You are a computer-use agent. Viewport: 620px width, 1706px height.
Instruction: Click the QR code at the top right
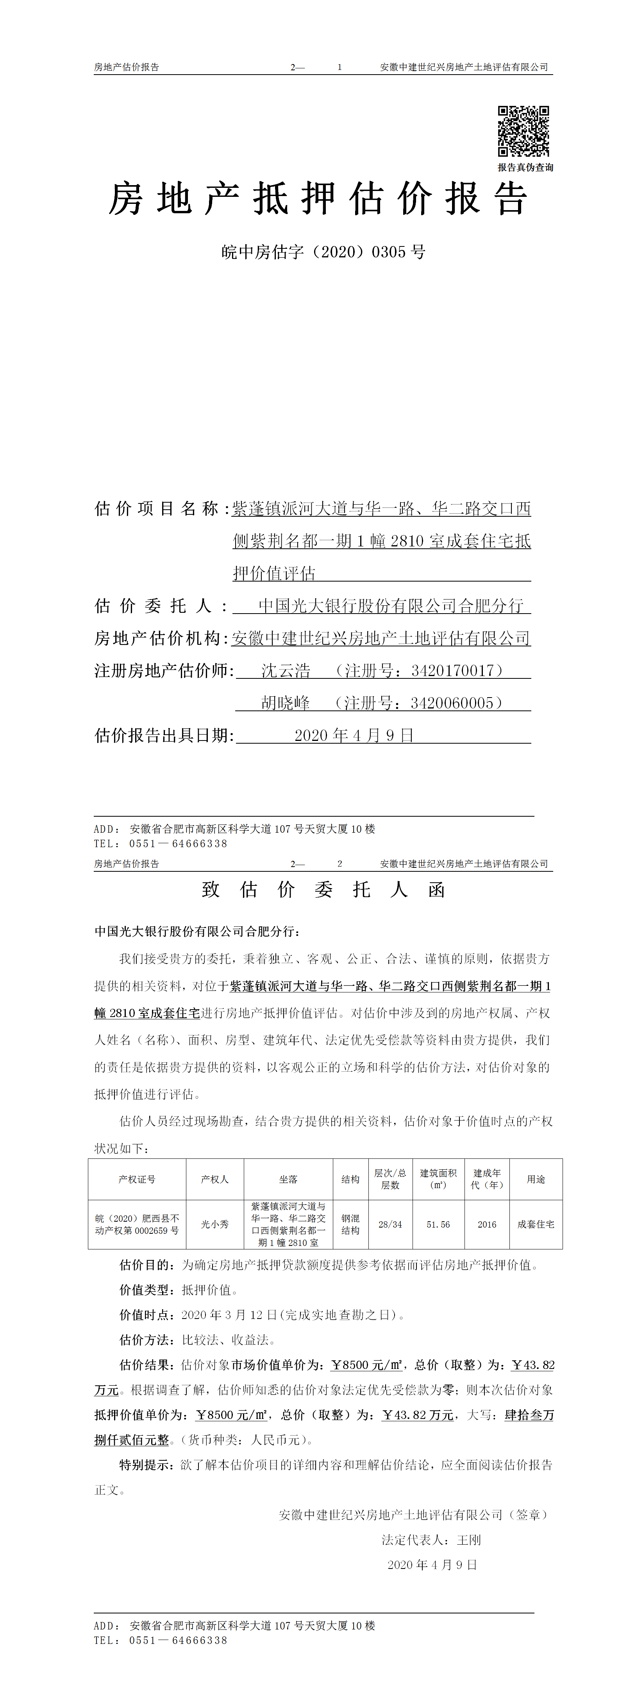coord(523,131)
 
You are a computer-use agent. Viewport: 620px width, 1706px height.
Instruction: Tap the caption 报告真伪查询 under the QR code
coord(525,168)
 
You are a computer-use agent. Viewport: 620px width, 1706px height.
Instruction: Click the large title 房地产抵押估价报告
coord(318,199)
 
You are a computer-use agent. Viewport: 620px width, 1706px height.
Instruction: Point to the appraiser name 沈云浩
coord(286,671)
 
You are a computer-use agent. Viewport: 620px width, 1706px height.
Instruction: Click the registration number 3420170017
coord(452,671)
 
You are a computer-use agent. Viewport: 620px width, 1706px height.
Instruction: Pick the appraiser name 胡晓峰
coord(286,703)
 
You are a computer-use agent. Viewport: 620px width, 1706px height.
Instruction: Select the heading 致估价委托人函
coord(323,889)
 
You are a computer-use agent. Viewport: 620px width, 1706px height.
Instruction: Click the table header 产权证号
coord(137,1180)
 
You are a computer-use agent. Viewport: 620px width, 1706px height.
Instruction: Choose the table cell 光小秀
coord(214,1224)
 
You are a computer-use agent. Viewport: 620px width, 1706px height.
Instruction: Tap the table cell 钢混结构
coord(350,1224)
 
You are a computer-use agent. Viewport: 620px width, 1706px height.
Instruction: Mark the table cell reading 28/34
coord(390,1224)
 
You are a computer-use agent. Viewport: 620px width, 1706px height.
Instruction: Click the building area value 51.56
coord(438,1224)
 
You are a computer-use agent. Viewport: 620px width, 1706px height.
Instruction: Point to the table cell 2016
coord(487,1224)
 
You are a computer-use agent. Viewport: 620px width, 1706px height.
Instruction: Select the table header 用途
coord(536,1180)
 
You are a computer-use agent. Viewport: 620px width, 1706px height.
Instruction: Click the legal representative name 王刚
coord(469,1540)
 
